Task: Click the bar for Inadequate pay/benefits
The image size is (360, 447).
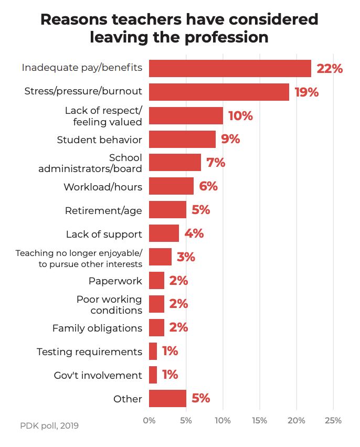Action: click(x=230, y=68)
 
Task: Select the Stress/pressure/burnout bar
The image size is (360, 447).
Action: click(x=219, y=92)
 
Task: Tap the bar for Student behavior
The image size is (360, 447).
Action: click(x=182, y=139)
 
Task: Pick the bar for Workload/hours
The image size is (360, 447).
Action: click(x=171, y=186)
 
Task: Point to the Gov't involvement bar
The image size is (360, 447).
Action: click(x=153, y=375)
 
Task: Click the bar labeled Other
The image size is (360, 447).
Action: click(x=167, y=398)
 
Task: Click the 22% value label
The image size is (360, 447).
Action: click(x=330, y=68)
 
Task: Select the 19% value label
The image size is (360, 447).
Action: click(x=307, y=92)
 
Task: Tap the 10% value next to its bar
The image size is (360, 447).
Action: click(x=240, y=115)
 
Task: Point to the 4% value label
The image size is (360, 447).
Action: click(x=194, y=233)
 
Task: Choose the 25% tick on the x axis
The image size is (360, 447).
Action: click(x=333, y=421)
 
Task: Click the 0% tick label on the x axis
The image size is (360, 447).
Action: click(x=149, y=421)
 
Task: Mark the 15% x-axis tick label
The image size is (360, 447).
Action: click(x=260, y=421)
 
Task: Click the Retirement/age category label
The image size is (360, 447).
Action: click(x=103, y=210)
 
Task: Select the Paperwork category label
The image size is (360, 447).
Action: click(x=115, y=281)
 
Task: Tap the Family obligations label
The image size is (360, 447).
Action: click(x=97, y=328)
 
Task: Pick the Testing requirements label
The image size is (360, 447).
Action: click(x=89, y=352)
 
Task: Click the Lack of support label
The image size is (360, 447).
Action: click(x=104, y=234)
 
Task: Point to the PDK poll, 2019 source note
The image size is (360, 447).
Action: click(x=49, y=425)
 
